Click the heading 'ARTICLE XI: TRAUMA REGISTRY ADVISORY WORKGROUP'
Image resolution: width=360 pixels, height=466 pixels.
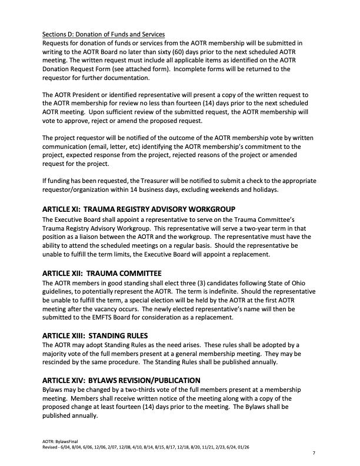click(139, 209)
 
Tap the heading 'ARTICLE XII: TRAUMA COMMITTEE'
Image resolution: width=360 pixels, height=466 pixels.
click(102, 273)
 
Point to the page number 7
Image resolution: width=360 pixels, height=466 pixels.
click(314, 454)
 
